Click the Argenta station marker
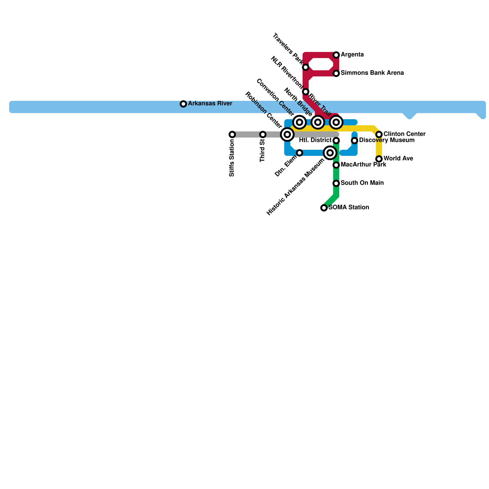(336, 55)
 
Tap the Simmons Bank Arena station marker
(336, 73)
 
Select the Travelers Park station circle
(306, 67)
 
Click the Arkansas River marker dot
(183, 104)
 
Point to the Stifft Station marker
(232, 134)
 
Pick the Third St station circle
(263, 134)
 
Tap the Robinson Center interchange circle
(287, 134)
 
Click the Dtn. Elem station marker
(300, 153)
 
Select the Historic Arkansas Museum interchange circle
(330, 153)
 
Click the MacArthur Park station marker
(336, 165)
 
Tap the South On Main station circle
(336, 183)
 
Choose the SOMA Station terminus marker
(324, 208)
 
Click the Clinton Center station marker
(379, 134)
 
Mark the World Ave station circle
(379, 159)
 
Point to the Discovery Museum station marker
(355, 141)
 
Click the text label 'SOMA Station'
(349, 208)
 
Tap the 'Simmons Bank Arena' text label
(372, 73)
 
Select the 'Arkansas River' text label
(210, 104)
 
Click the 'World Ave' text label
(398, 159)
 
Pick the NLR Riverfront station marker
(306, 92)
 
